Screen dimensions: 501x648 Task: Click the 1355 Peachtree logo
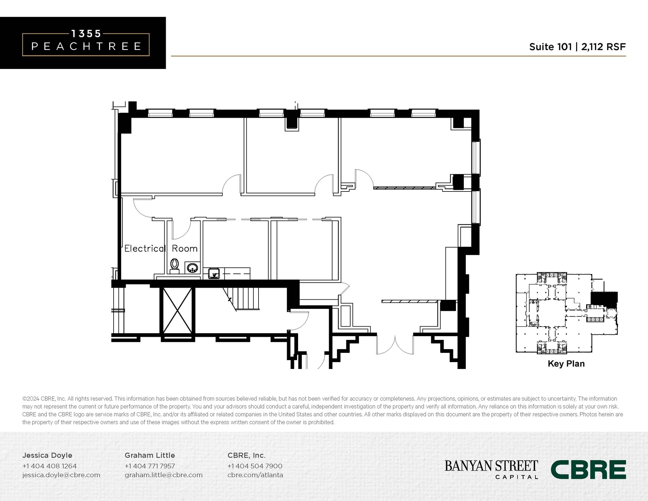pos(86,43)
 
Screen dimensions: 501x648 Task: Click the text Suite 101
pos(550,47)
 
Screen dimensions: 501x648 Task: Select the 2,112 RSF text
pos(603,47)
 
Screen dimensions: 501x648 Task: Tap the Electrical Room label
pos(161,249)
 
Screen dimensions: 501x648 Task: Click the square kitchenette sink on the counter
pos(214,273)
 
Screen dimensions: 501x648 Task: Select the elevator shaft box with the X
pos(177,310)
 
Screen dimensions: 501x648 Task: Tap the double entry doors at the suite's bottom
pos(395,345)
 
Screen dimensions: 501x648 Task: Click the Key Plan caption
pos(566,364)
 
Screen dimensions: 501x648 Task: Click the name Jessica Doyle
pos(47,455)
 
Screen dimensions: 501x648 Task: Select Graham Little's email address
pos(163,475)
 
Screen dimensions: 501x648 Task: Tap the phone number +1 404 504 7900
pos(255,466)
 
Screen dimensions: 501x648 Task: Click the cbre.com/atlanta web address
pos(255,475)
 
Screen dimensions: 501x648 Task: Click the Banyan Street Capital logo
pos(491,469)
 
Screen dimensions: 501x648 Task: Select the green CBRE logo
pos(588,469)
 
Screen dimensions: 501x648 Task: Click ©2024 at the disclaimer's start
pos(30,399)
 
